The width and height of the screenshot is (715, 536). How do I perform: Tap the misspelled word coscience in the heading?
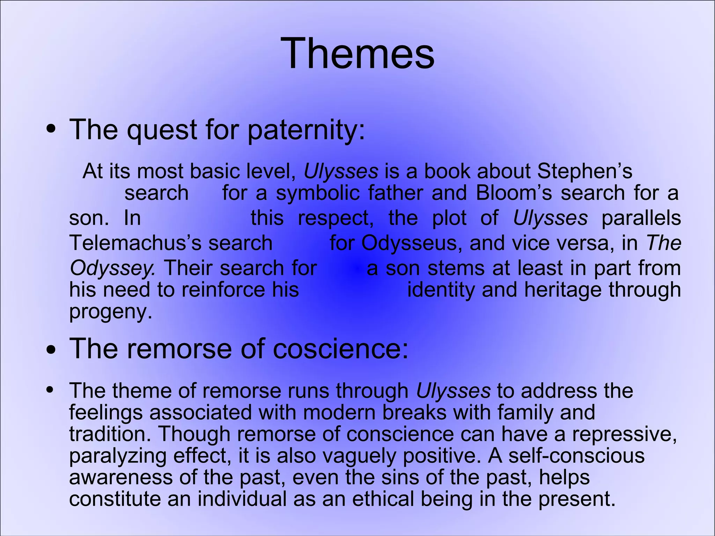point(340,349)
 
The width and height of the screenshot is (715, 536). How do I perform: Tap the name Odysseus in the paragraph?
point(409,243)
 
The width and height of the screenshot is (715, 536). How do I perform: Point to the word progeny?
point(110,312)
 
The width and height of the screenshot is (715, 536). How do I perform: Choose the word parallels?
point(641,218)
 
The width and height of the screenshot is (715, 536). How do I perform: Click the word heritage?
point(562,290)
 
